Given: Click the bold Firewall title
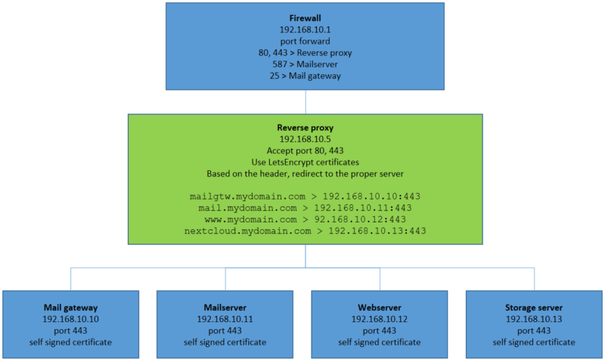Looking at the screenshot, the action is pos(305,18).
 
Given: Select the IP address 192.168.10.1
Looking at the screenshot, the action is pos(305,29).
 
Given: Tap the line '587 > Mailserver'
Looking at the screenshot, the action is pos(305,64).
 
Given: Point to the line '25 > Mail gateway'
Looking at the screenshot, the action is pos(305,76).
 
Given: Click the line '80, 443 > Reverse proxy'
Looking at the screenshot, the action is pos(305,53).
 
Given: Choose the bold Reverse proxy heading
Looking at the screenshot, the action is pos(306,128).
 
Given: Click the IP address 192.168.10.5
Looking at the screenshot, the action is pos(306,139).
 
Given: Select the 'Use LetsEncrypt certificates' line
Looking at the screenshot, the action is pos(306,163).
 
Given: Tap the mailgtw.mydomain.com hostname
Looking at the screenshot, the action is pos(247,197).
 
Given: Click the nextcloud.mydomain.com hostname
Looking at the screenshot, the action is pos(247,231).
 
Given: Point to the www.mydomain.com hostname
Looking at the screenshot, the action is pos(250,219).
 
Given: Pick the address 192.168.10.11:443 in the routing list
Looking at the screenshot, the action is pos(363,208).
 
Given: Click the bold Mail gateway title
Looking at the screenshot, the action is pos(70,308).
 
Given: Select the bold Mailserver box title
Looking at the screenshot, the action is pos(225,308).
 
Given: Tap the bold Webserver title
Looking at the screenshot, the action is pos(380,308).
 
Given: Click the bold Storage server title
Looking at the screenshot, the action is pos(534,308).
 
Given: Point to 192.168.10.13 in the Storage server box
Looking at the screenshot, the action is pos(534,319).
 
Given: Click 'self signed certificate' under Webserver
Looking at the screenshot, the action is pos(380,343).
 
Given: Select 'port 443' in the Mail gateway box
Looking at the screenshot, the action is pos(70,331).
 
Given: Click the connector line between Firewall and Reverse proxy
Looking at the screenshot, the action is pos(306,102).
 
